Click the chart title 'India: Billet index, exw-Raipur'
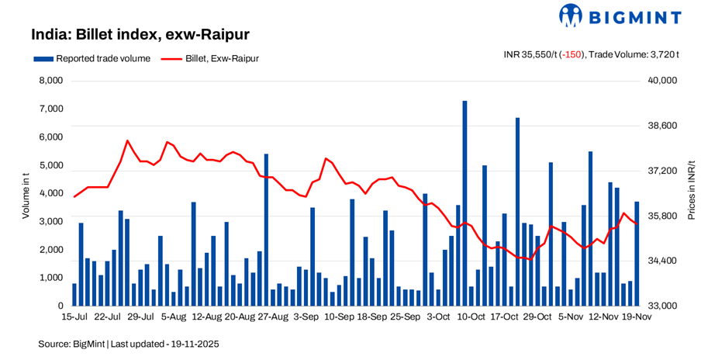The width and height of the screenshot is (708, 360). pos(140,35)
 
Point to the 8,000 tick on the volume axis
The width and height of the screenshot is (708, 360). pos(50,81)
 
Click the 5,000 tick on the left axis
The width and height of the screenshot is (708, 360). pos(50,165)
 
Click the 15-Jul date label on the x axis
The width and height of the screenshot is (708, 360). pos(75,317)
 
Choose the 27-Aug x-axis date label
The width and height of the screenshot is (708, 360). pos(272,317)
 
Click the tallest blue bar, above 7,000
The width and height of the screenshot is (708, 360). pos(465,202)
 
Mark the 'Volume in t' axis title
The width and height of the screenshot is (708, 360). pos(26,193)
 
